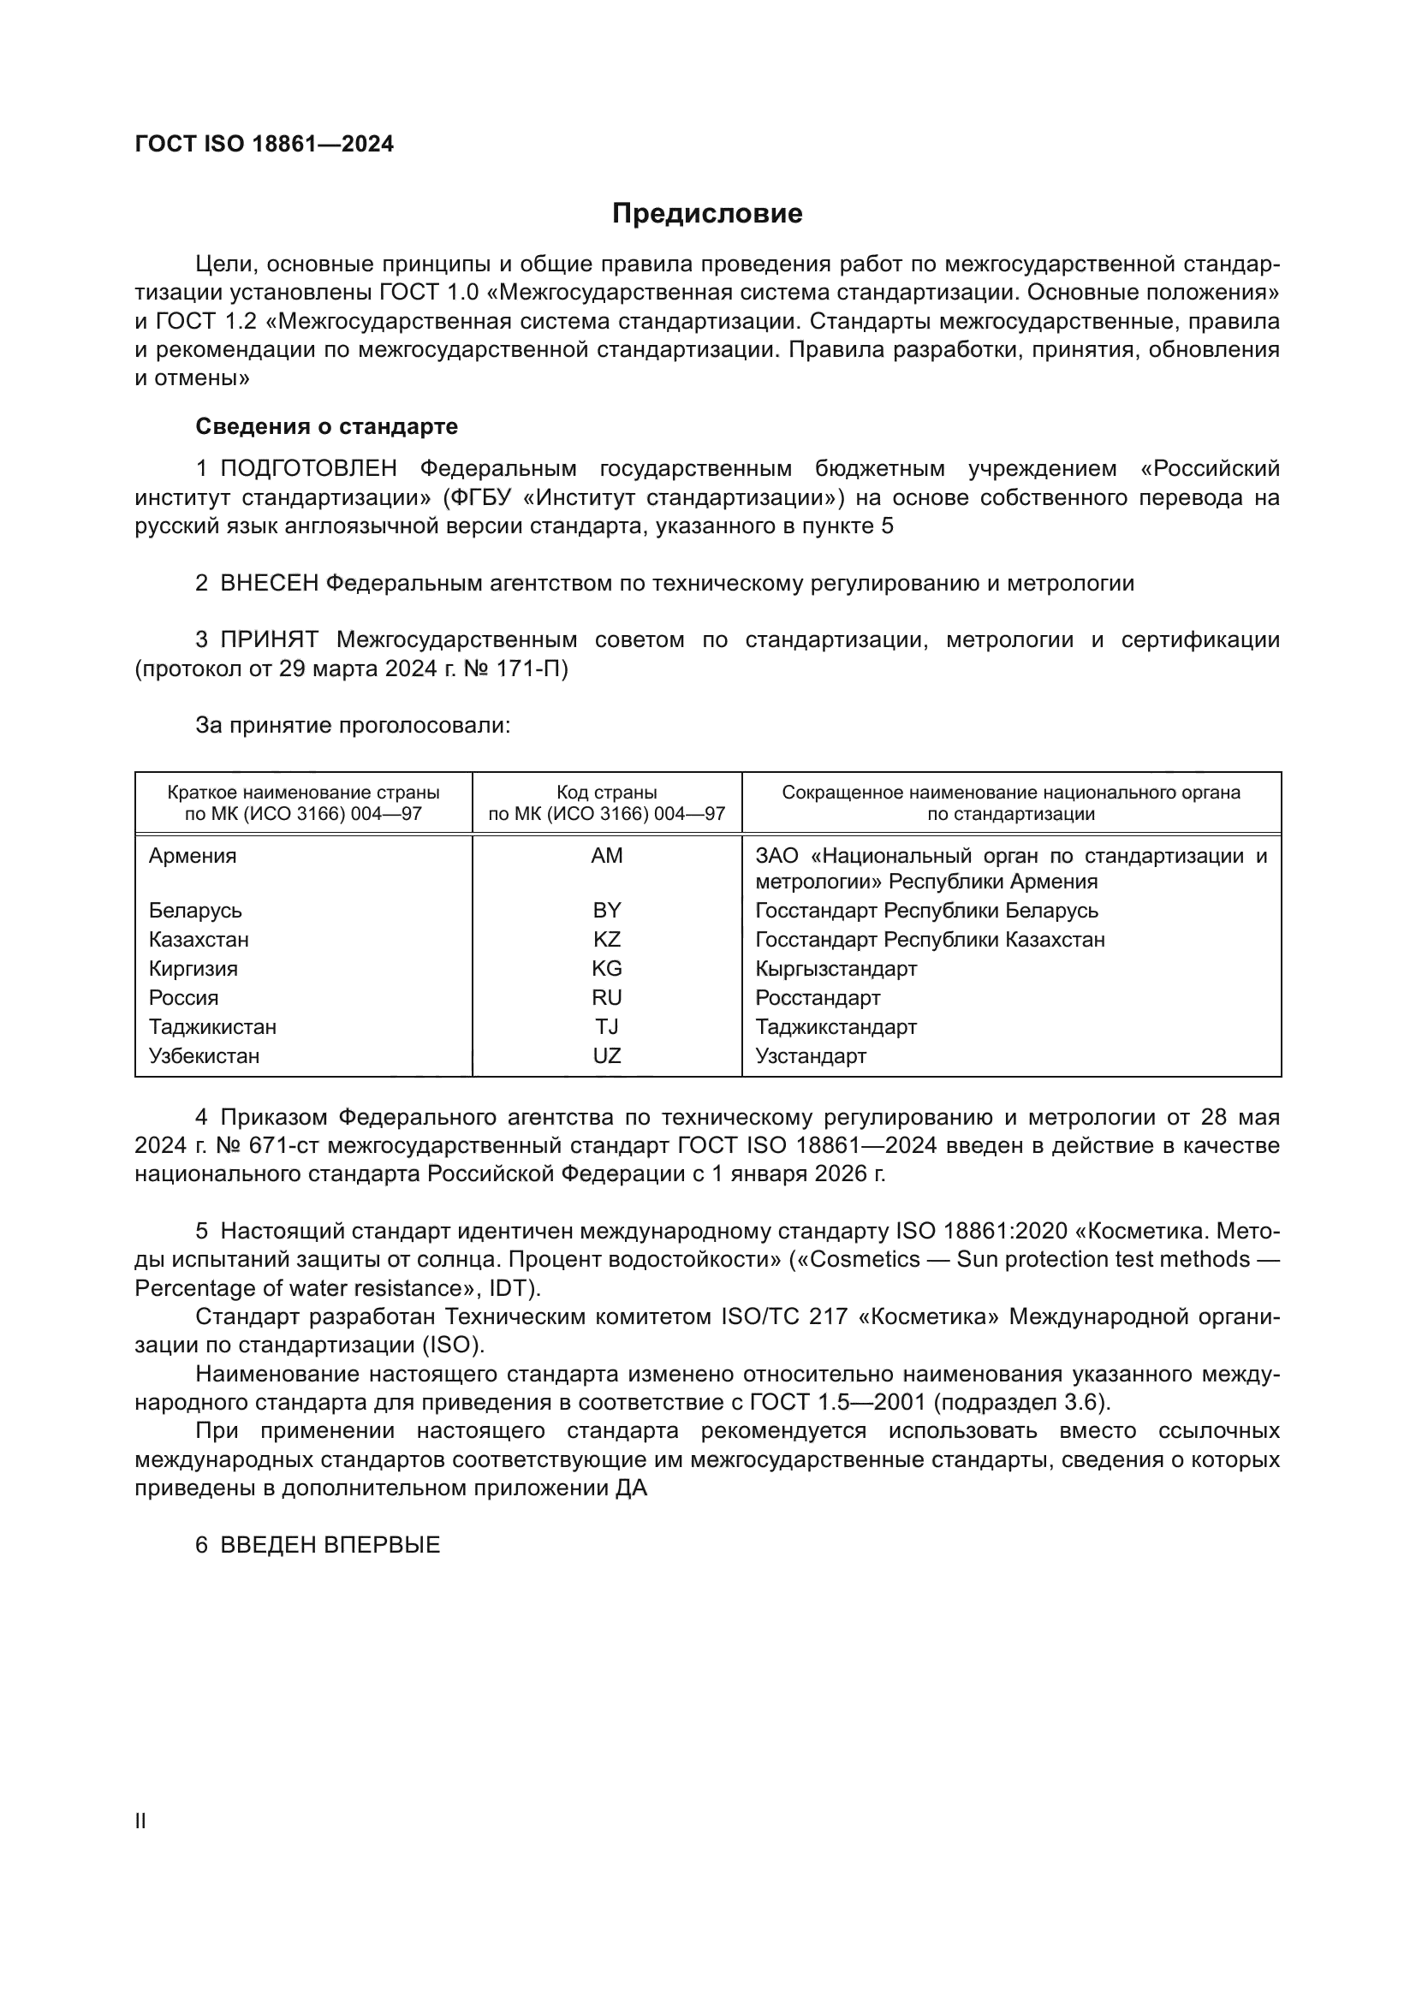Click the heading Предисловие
(706, 214)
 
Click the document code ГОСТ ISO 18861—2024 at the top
(265, 144)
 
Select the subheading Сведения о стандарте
(326, 426)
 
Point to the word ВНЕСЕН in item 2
(269, 583)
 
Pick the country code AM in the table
(606, 855)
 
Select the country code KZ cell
(606, 939)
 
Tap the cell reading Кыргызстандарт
(836, 968)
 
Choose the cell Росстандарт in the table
(817, 997)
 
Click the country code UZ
(606, 1056)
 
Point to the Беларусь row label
(194, 911)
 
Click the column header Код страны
(606, 793)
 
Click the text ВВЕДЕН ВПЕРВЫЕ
(330, 1544)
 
